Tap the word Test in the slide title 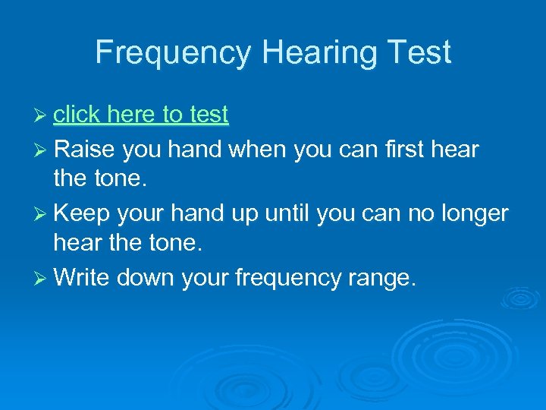coord(419,52)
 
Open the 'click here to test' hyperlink coord(141,115)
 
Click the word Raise coord(83,150)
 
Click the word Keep coord(80,214)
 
